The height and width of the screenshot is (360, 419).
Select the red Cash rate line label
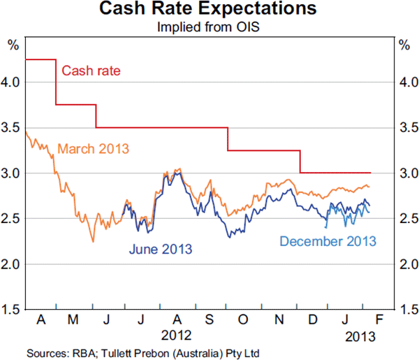91,70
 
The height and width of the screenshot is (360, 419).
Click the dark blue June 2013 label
160,248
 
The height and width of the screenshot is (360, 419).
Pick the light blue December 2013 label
328,241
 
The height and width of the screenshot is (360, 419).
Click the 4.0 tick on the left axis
12,82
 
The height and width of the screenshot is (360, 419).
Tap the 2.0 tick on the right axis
406,264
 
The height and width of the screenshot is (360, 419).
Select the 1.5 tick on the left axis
12,309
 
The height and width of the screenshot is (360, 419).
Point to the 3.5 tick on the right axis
406,127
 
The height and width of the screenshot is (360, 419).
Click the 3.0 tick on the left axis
12,173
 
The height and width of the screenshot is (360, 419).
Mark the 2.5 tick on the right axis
406,218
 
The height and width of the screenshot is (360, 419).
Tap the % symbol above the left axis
12,46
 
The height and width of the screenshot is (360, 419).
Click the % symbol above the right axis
404,46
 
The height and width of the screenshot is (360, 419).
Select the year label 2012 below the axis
175,335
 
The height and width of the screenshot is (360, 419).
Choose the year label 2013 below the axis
361,335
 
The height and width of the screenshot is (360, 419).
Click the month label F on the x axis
380,320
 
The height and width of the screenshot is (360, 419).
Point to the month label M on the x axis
74,320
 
